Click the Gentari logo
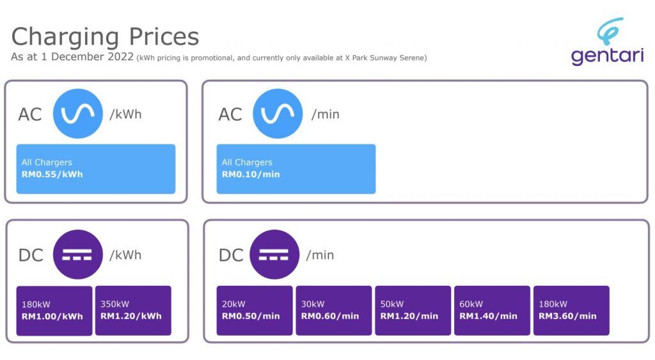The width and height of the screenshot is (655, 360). [x=608, y=41]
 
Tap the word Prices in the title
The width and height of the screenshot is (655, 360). [x=164, y=36]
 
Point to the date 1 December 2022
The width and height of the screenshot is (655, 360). [x=87, y=56]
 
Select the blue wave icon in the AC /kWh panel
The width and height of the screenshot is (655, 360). [x=77, y=114]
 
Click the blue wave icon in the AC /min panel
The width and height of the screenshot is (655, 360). [x=278, y=114]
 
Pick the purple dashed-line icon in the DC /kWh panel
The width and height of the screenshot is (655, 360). [x=77, y=254]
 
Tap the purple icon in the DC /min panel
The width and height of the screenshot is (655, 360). [x=274, y=254]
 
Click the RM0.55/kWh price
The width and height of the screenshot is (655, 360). [x=52, y=174]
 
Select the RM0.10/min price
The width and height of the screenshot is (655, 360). [x=251, y=174]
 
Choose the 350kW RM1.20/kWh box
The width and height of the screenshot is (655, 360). [x=133, y=310]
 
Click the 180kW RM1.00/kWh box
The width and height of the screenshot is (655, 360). [x=54, y=311]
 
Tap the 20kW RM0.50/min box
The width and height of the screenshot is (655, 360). [x=255, y=310]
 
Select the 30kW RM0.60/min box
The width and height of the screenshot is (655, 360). [x=334, y=310]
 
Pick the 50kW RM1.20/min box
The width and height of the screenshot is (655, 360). [x=413, y=310]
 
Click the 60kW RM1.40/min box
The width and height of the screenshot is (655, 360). [x=492, y=310]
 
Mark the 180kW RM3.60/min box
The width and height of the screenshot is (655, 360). [x=571, y=310]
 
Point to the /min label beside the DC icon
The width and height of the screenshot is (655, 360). [x=320, y=254]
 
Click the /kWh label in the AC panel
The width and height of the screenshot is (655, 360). [x=125, y=114]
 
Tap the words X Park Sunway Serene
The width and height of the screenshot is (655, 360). [x=384, y=58]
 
